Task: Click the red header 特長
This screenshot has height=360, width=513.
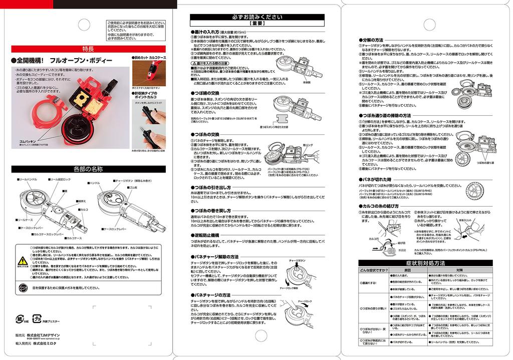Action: [x=89, y=49]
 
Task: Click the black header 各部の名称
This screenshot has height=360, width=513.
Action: [x=89, y=169]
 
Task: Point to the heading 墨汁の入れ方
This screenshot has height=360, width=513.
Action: [x=210, y=32]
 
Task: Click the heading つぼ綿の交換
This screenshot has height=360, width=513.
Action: [x=207, y=93]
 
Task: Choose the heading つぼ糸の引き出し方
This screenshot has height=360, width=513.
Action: [x=213, y=187]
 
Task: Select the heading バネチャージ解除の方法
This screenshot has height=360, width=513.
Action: [x=217, y=257]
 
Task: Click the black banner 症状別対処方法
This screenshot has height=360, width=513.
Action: [x=425, y=263]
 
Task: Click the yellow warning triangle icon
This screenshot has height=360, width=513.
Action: [x=23, y=261]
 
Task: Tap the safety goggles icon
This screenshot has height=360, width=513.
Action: [x=23, y=287]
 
